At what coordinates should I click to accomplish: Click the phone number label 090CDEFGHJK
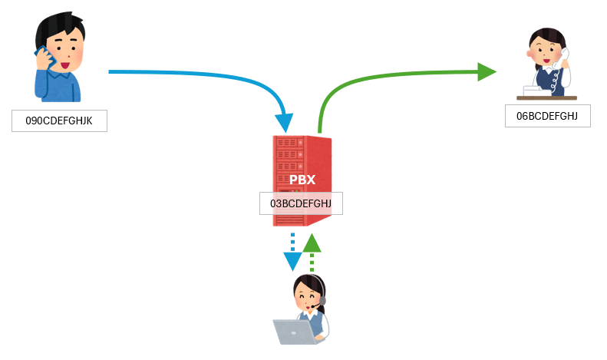click(x=59, y=121)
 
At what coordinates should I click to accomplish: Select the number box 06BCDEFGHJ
click(x=547, y=116)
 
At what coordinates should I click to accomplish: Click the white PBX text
click(x=302, y=180)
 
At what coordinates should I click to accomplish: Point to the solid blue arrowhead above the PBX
click(x=285, y=121)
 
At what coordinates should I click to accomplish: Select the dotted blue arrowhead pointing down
click(x=292, y=261)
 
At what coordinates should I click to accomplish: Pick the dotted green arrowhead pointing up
click(x=311, y=244)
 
